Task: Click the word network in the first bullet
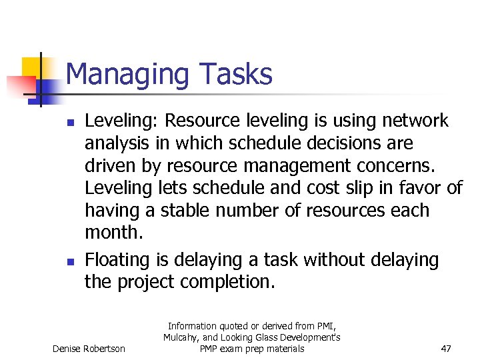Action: coord(415,121)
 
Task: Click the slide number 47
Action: coord(447,349)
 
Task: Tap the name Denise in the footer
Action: coord(68,349)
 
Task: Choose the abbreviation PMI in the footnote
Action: coord(327,326)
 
